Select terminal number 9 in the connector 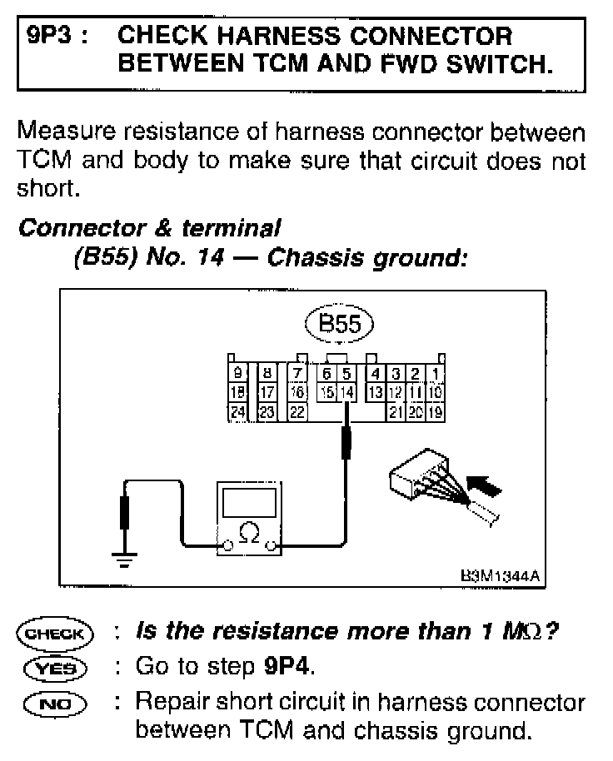coord(238,372)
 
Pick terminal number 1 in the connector coord(438,372)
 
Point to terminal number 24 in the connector coord(238,410)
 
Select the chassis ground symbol coord(126,559)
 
